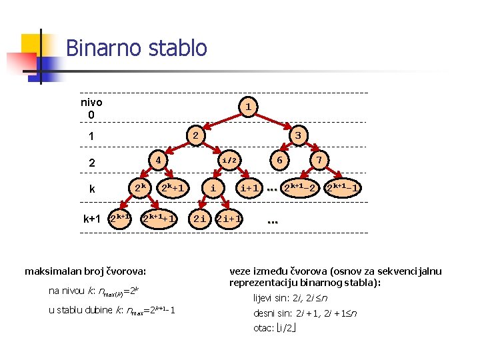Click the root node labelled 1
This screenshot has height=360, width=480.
click(247, 107)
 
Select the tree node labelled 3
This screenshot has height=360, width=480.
click(298, 135)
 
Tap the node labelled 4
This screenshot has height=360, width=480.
click(159, 161)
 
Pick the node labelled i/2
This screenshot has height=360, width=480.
click(229, 161)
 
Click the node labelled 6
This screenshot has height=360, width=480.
click(281, 161)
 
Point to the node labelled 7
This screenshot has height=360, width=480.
click(320, 161)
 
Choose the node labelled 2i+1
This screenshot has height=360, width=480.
click(230, 218)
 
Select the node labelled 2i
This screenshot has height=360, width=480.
click(199, 218)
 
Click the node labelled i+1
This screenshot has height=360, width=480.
click(250, 189)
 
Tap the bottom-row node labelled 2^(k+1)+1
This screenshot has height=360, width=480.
click(160, 218)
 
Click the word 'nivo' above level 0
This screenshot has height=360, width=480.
click(91, 103)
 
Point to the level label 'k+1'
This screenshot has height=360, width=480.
click(92, 218)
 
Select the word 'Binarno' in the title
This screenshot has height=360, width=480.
click(100, 48)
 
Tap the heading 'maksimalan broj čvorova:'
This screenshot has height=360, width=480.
click(85, 271)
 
